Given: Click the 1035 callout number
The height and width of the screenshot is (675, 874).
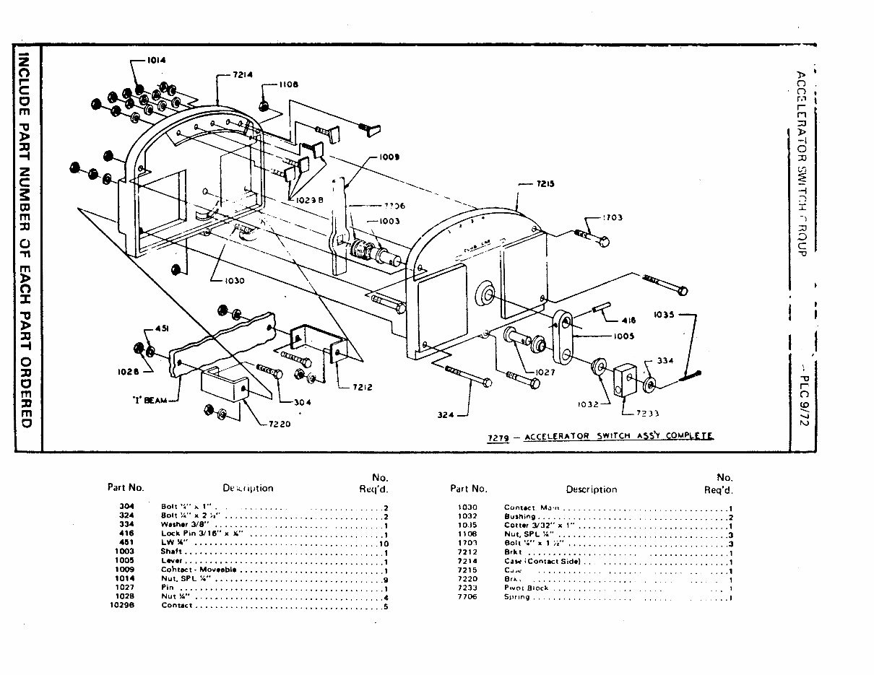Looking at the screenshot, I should coord(667,314).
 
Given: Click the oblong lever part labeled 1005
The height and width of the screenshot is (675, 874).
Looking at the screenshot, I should coord(561,336).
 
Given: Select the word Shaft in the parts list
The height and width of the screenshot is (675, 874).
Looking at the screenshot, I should coord(171,551).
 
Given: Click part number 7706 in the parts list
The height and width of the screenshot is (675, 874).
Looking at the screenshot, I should coord(468,597).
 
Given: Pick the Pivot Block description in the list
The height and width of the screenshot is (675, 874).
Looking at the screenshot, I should coord(526,588).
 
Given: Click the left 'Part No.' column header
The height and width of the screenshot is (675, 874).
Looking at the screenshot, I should coord(126,487).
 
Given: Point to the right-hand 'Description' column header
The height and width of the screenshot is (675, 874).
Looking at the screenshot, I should coord(591,489).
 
